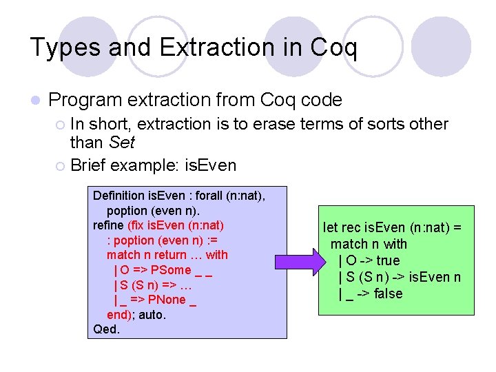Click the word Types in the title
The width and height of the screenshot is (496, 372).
[63, 48]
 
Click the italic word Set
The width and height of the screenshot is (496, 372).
[122, 143]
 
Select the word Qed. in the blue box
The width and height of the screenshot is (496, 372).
[107, 329]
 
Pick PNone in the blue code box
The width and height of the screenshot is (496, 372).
[167, 300]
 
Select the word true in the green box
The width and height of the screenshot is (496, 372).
[387, 260]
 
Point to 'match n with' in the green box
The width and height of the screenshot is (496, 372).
[369, 244]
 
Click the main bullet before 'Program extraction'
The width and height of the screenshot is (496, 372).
[35, 101]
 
